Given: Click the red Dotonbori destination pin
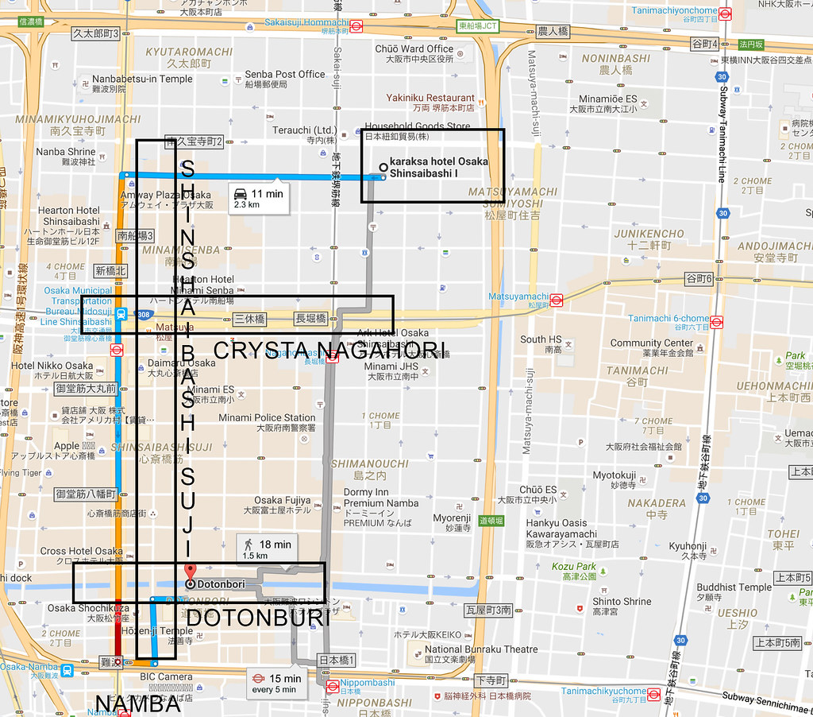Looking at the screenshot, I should pos(190,572).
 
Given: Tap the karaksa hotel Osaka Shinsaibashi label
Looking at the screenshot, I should pos(438,167).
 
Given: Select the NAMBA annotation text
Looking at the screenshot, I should pos(138,703).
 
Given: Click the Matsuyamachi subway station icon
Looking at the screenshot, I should pos(557,300).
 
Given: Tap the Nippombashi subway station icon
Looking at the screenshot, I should pos(333,685).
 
